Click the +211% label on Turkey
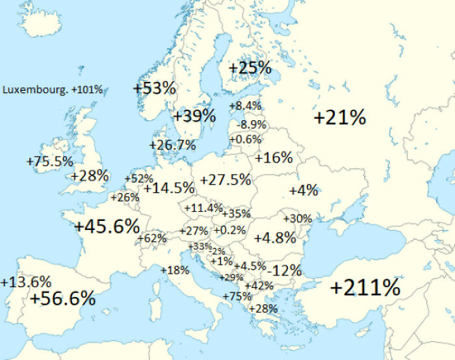[x=365, y=287]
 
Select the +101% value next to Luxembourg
[x=87, y=90]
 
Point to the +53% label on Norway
[x=155, y=88]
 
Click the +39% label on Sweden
[x=194, y=116]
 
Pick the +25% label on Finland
[x=250, y=68]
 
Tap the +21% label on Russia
[x=339, y=118]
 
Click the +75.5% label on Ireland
[x=50, y=161]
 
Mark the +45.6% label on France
[x=107, y=227]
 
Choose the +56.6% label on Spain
[x=63, y=298]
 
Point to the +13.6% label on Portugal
[x=26, y=282]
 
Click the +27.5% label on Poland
[x=226, y=179]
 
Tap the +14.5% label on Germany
[x=169, y=188]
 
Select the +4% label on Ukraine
[x=304, y=190]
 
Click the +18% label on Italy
[x=175, y=270]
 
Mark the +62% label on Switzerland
[x=152, y=238]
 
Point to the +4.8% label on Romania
[x=275, y=237]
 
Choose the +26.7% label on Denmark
[x=172, y=145]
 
